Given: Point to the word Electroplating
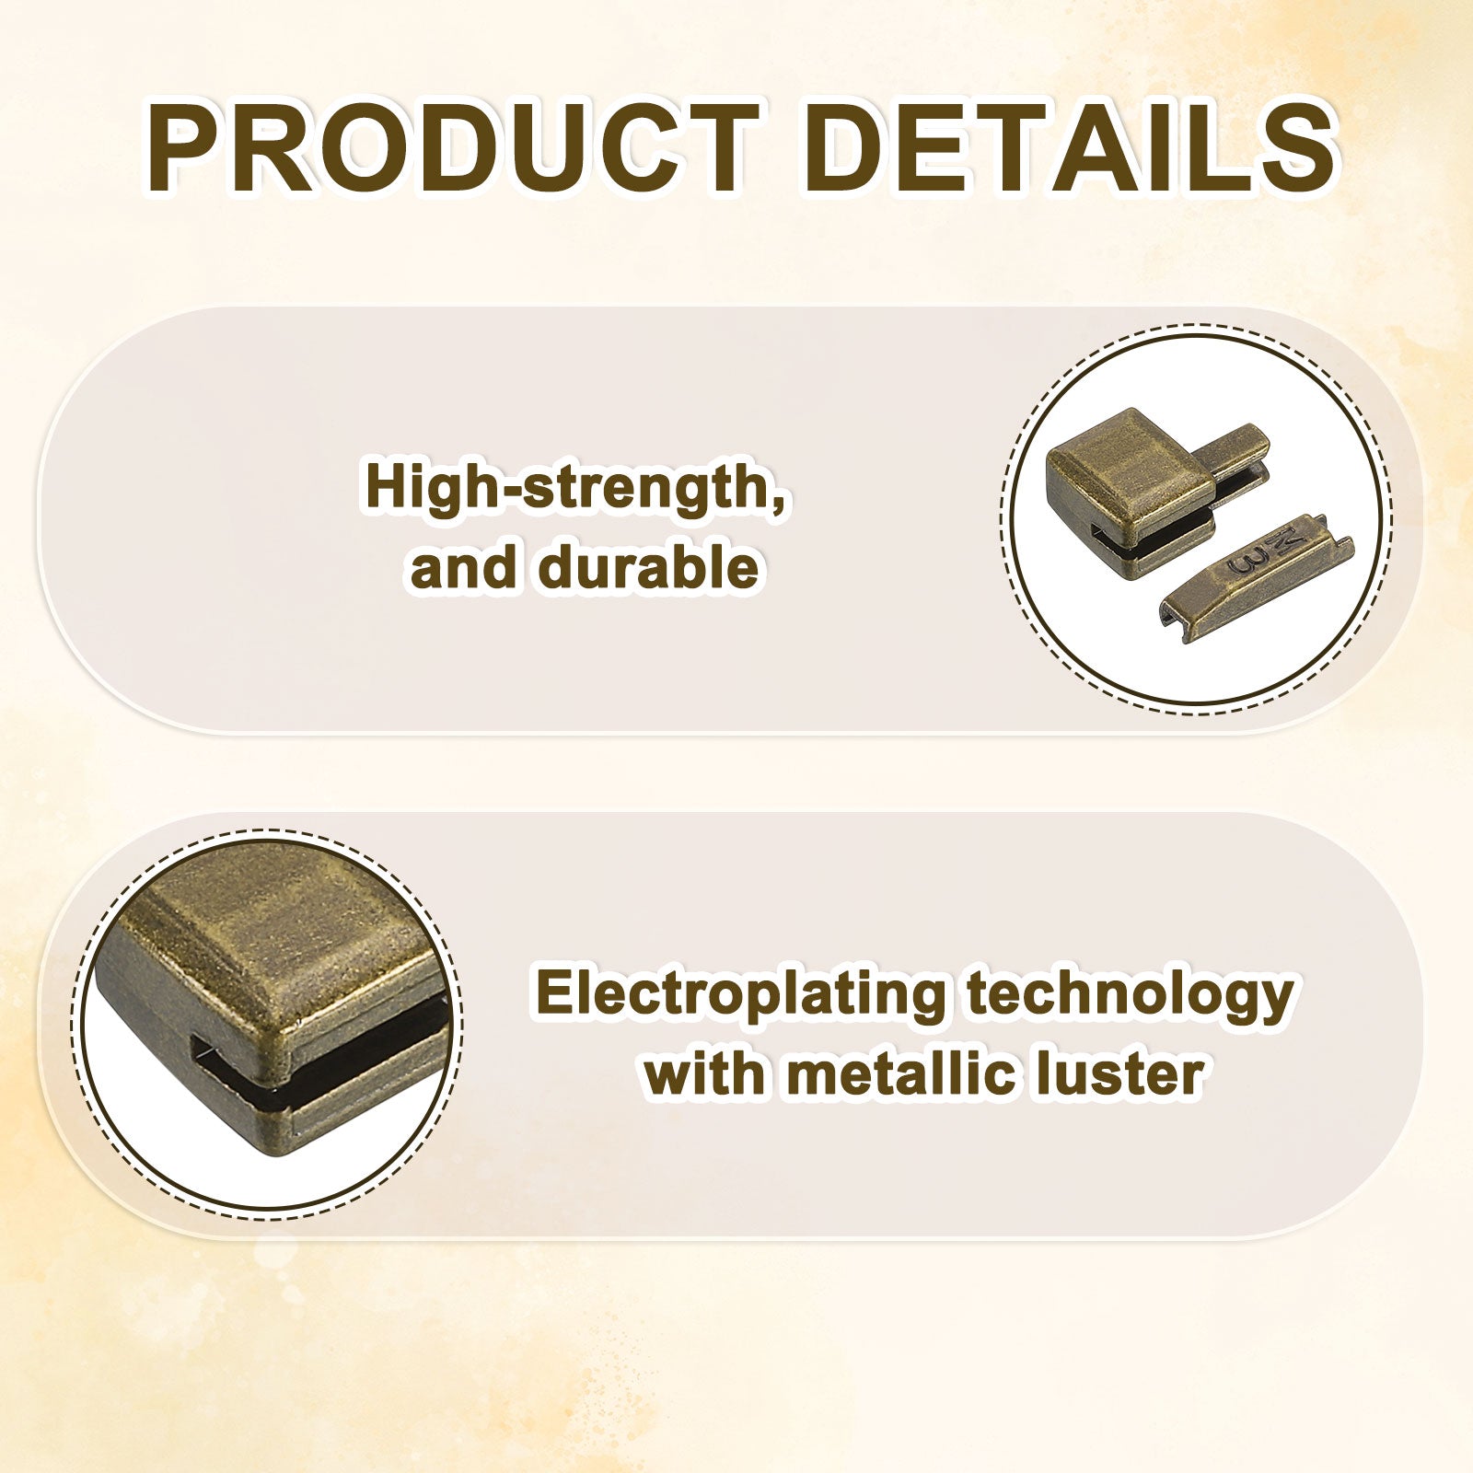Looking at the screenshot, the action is pyautogui.click(x=740, y=994).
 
